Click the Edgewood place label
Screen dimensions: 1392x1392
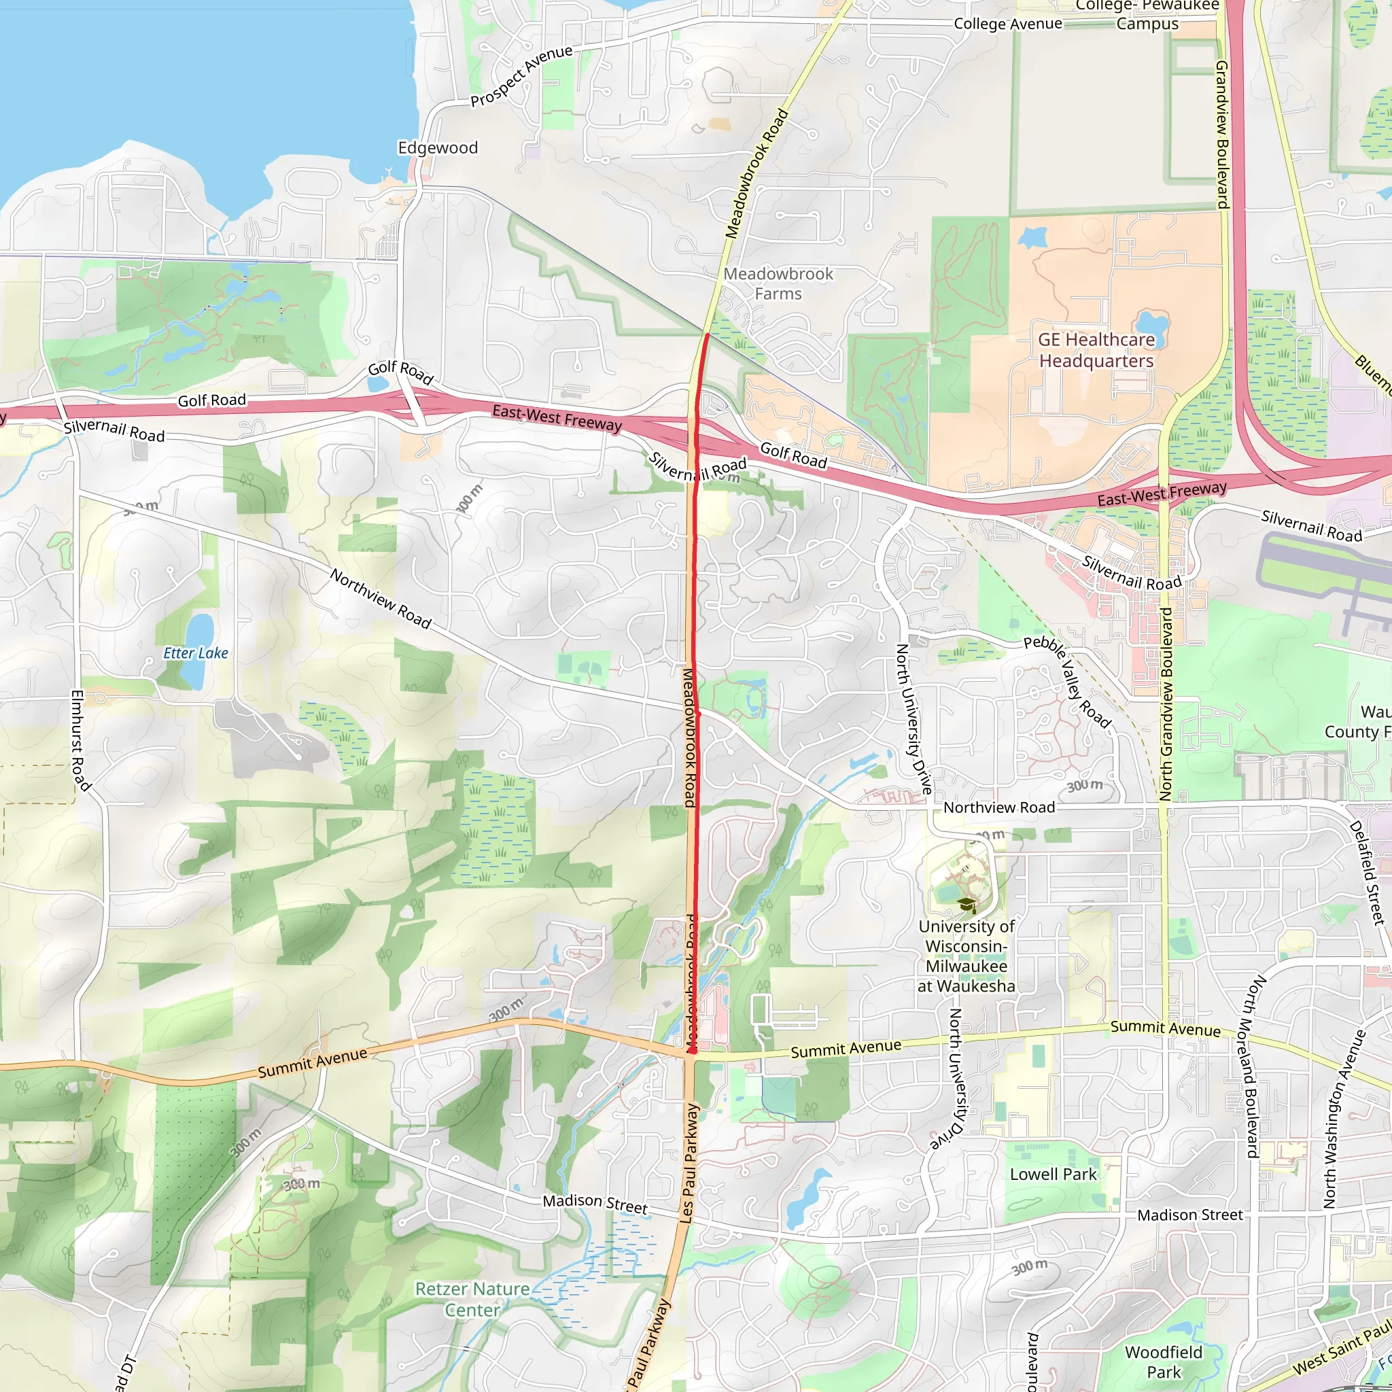pyautogui.click(x=437, y=147)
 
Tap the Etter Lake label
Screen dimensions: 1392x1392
pyautogui.click(x=195, y=652)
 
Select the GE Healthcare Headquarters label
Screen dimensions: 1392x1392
pyautogui.click(x=1096, y=350)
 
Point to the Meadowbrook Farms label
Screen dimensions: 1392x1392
pyautogui.click(x=778, y=284)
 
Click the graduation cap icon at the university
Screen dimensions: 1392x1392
pyautogui.click(x=967, y=905)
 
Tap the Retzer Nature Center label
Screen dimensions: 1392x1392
pyautogui.click(x=472, y=1299)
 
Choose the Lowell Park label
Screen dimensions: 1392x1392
pyautogui.click(x=1053, y=1174)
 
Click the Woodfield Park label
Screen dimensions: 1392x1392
pyautogui.click(x=1164, y=1361)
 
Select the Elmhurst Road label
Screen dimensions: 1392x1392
pyautogui.click(x=81, y=740)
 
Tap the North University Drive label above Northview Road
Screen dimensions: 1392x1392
pyautogui.click(x=913, y=718)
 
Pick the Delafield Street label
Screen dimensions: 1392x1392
pyautogui.click(x=1367, y=873)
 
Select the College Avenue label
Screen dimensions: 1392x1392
pyautogui.click(x=1007, y=24)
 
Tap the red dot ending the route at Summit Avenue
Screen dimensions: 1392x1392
pyautogui.click(x=692, y=1052)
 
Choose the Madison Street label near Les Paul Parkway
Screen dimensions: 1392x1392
pyautogui.click(x=595, y=1203)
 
